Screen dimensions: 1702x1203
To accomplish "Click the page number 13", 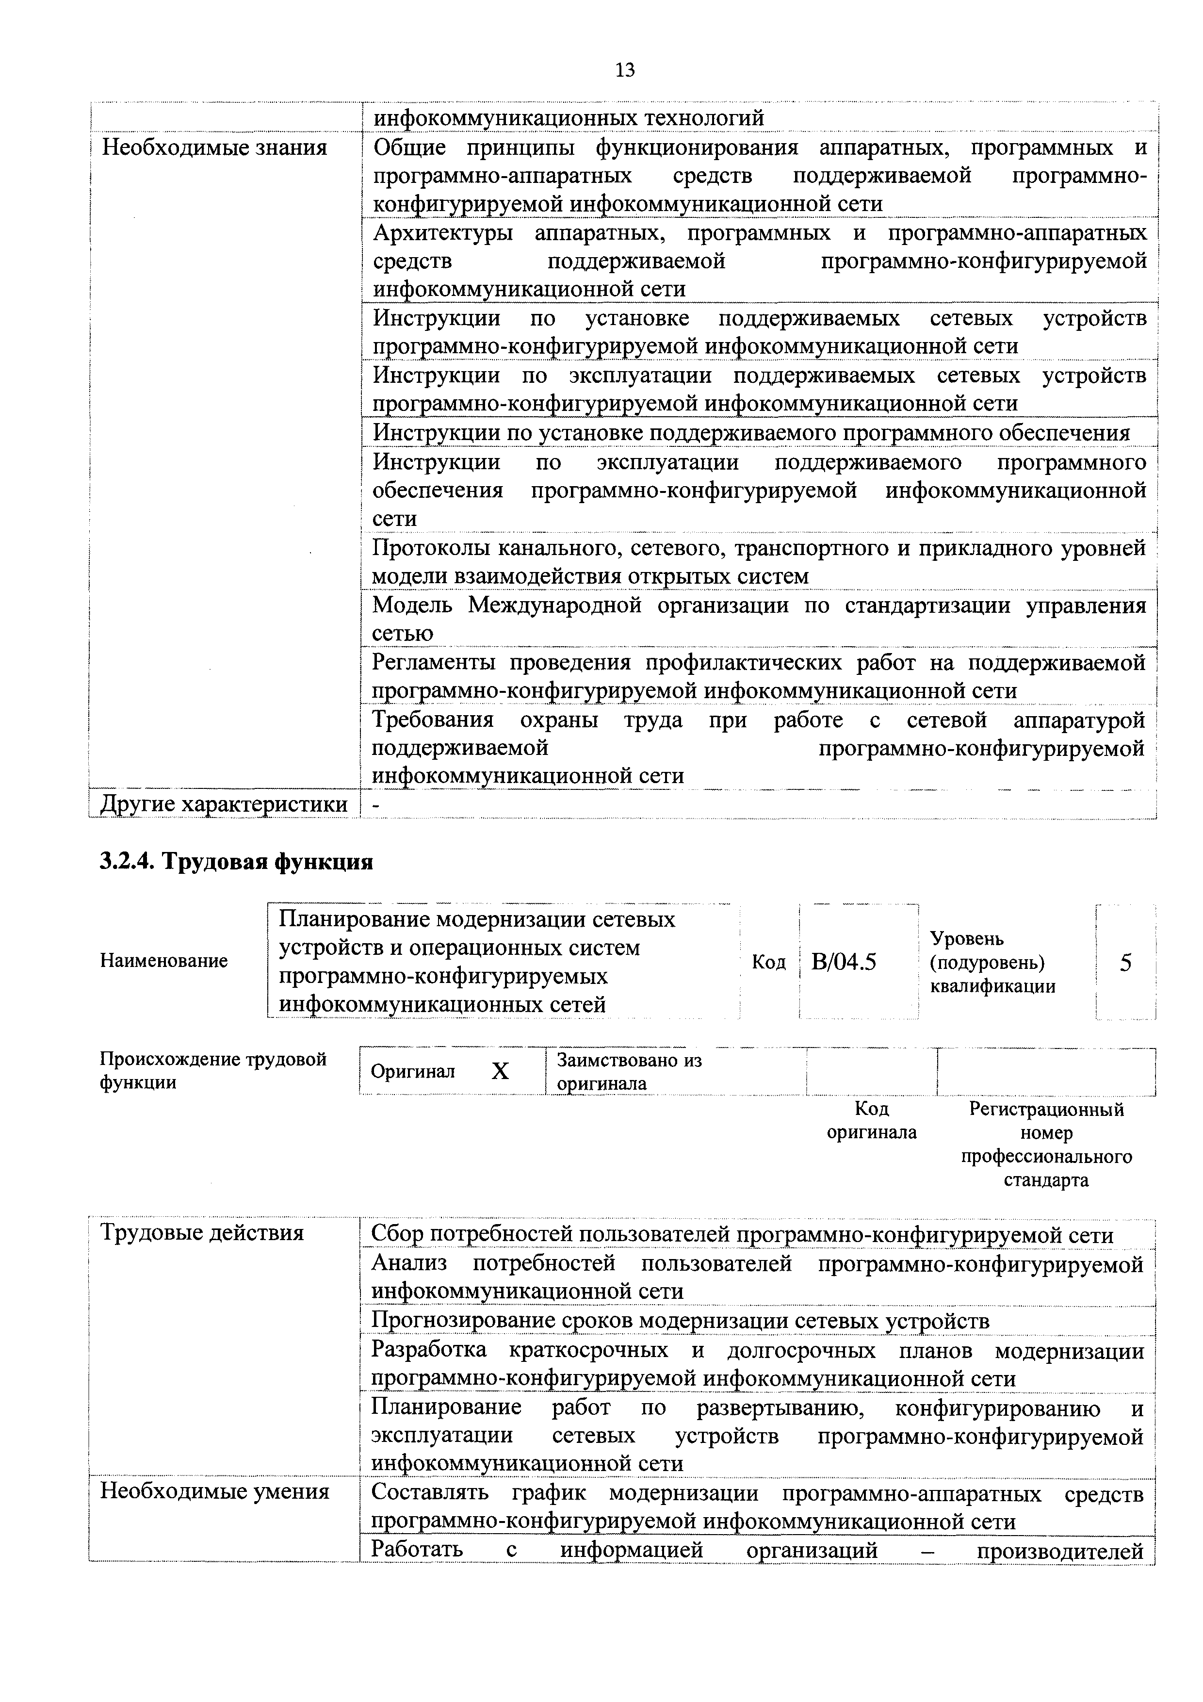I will coord(624,70).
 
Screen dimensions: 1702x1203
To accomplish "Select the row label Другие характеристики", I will coord(224,804).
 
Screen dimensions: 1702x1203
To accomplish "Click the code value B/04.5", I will coord(844,962).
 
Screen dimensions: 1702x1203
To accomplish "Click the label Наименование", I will coord(164,962).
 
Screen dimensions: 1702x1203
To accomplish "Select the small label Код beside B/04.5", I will coord(769,962).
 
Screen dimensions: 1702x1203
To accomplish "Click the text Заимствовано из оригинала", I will coord(629,1072).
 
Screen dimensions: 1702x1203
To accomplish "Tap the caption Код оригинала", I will coord(872,1121).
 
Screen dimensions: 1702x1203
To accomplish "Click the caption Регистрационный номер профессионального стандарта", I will coord(1046,1145).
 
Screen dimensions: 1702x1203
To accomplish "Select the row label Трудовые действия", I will coord(202,1233).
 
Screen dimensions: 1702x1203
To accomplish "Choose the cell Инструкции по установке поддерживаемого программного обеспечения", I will coord(751,432).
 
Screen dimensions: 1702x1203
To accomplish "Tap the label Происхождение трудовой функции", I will coord(213,1070).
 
